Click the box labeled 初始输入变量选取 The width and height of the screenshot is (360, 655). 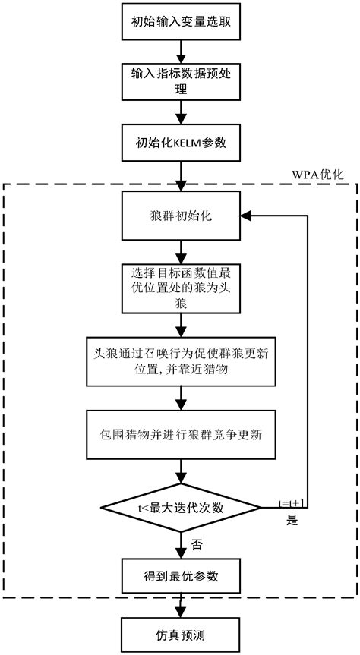(x=180, y=22)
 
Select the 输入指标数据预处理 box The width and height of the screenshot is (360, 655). (x=180, y=78)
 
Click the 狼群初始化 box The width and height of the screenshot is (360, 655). (x=180, y=215)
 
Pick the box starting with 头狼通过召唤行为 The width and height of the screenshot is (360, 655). (x=180, y=358)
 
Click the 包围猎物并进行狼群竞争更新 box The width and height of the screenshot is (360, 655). (x=180, y=435)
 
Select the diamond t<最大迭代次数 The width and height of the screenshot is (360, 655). (x=180, y=506)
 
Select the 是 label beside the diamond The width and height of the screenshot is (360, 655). (x=292, y=522)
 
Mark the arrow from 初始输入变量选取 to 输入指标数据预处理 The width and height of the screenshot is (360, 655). (x=180, y=50)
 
